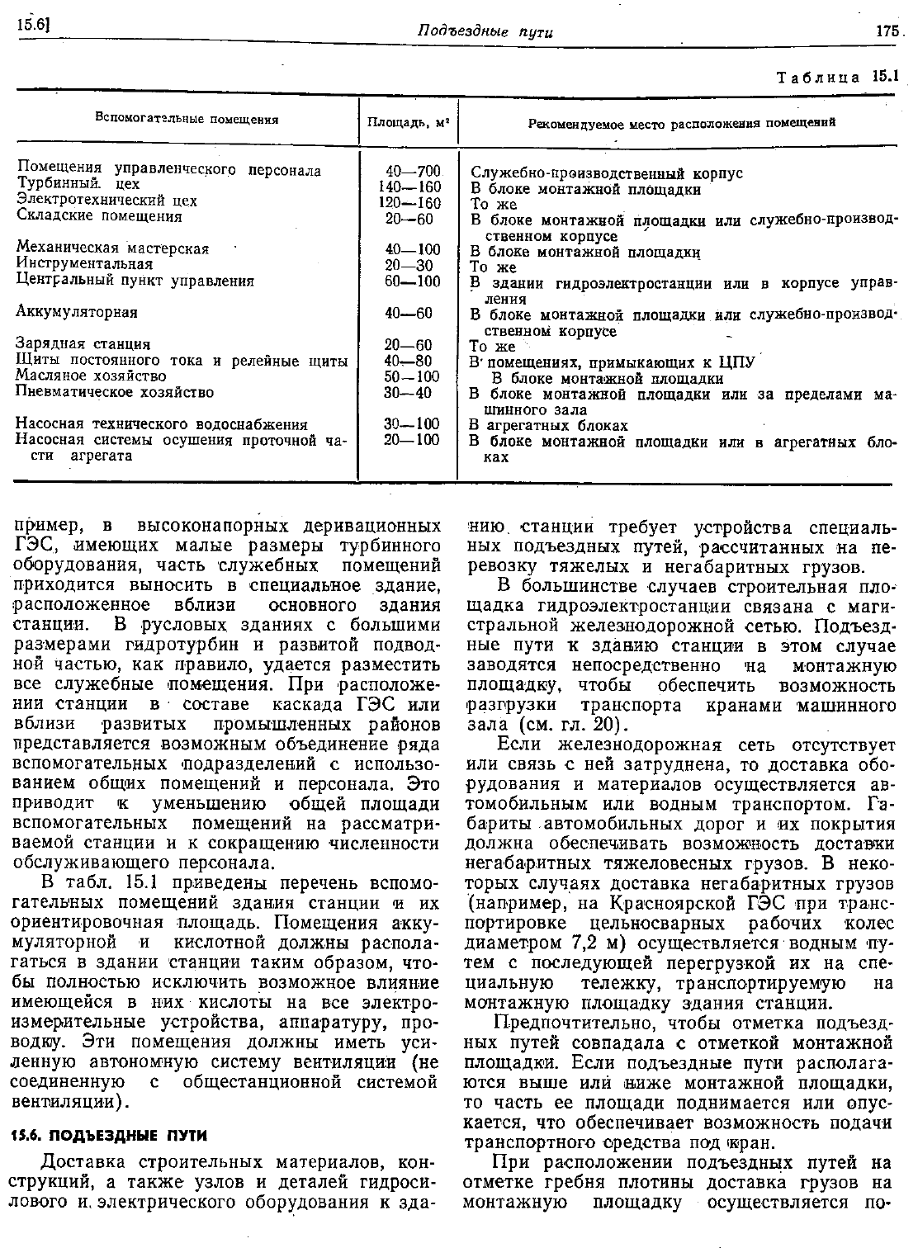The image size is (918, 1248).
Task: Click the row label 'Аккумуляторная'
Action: (x=77, y=313)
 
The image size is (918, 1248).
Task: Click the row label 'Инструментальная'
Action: (x=84, y=264)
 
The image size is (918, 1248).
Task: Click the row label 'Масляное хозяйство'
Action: (x=91, y=376)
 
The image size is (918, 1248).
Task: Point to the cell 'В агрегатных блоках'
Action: (x=548, y=426)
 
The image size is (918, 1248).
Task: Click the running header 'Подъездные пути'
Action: (x=485, y=32)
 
